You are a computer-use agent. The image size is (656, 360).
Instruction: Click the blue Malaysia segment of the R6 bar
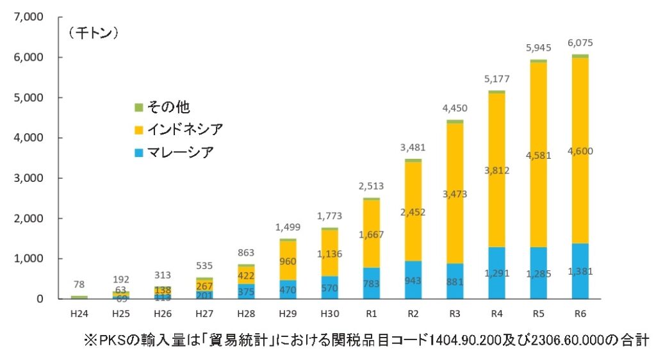pyautogui.click(x=580, y=271)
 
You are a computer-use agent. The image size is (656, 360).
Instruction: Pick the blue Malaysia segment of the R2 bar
pyautogui.click(x=413, y=280)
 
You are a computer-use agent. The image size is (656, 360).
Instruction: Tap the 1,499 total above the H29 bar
pyautogui.click(x=288, y=227)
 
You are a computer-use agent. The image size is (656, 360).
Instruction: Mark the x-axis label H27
pyautogui.click(x=204, y=313)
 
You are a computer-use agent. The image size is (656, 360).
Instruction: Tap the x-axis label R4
pyautogui.click(x=496, y=313)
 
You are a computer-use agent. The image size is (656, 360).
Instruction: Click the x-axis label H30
pyautogui.click(x=329, y=313)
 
